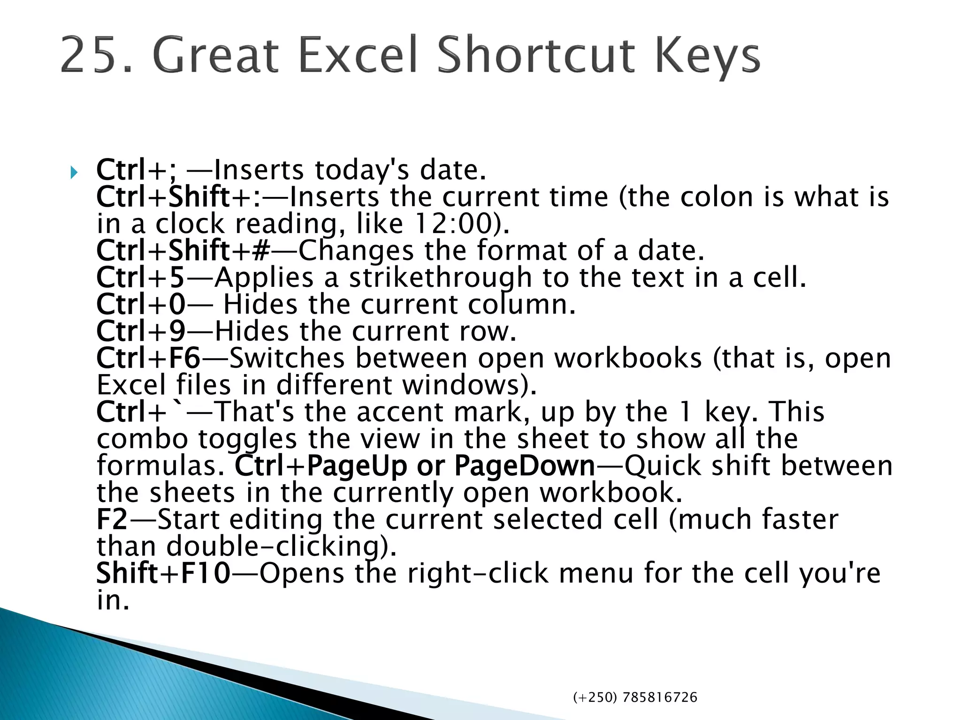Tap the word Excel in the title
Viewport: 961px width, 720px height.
(357, 56)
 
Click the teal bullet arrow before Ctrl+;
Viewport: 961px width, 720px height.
(73, 173)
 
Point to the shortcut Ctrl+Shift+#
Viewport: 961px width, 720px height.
(183, 250)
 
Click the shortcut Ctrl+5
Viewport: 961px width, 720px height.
(140, 277)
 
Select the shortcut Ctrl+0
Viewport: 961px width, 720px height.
(141, 304)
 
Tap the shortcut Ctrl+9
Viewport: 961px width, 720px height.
(141, 331)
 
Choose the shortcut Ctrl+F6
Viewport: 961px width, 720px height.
(148, 358)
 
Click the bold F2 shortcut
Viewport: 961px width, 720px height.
(112, 519)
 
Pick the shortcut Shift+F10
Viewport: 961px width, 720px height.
(163, 573)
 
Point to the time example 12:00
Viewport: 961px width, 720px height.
(451, 224)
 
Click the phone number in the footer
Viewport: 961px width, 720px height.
(635, 697)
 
